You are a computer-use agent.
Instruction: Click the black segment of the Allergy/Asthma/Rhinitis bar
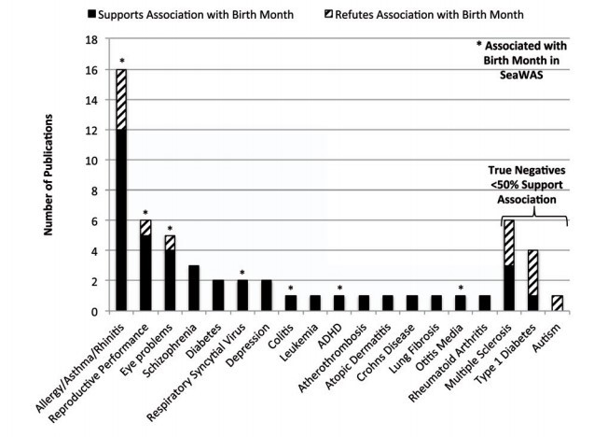(121, 219)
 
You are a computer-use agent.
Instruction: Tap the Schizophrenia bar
(194, 288)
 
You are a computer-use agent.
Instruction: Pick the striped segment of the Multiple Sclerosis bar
(509, 242)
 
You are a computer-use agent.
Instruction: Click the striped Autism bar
(558, 303)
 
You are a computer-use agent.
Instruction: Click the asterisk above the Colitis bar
(291, 287)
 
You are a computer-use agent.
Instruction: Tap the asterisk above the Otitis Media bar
(461, 287)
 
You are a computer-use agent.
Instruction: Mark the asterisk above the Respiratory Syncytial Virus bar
(242, 272)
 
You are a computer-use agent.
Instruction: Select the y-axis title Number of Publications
(36, 177)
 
